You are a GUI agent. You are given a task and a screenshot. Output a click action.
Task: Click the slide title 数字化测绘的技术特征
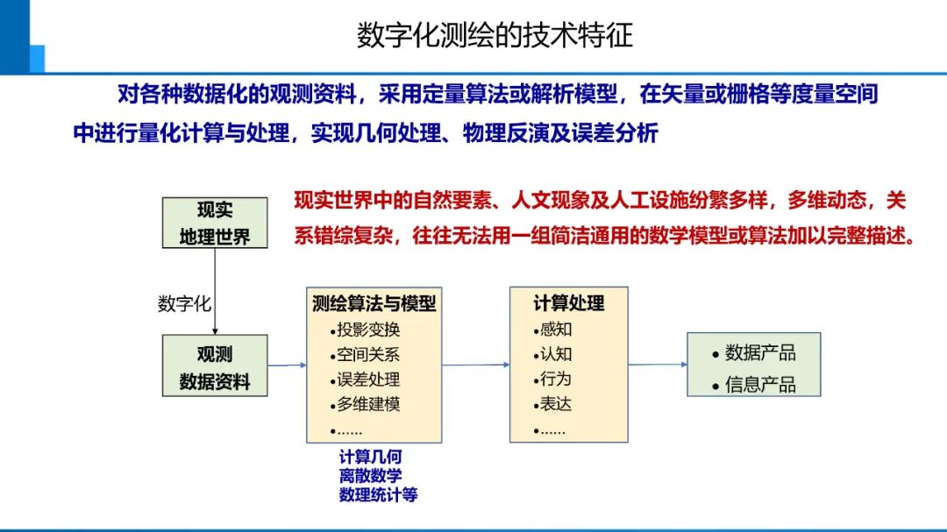(495, 35)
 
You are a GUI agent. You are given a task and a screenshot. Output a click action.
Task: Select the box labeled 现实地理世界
(215, 223)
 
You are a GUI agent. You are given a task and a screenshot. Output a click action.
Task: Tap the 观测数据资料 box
(215, 366)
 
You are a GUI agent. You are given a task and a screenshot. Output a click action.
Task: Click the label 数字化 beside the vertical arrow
(184, 305)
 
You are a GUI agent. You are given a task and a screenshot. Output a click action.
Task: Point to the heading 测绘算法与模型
(374, 304)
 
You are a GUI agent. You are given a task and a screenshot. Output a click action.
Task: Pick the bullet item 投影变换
(368, 330)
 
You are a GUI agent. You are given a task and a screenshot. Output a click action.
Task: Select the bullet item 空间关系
(368, 355)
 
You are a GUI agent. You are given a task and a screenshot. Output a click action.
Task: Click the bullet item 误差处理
(368, 379)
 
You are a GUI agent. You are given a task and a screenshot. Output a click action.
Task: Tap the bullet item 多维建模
(368, 405)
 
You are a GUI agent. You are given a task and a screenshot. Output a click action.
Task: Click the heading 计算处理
(569, 304)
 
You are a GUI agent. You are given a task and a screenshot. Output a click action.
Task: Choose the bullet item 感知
(556, 330)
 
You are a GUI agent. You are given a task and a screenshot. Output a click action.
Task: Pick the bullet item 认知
(556, 355)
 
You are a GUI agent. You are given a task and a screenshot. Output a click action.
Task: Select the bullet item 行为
(556, 379)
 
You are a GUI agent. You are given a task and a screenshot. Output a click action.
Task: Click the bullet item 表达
(556, 405)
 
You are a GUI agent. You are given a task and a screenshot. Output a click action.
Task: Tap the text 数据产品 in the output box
(760, 353)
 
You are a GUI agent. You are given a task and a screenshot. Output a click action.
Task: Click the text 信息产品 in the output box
(760, 385)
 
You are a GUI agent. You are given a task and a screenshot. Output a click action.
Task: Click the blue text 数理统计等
(379, 495)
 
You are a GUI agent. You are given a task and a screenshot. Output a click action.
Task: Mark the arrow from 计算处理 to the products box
(658, 365)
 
